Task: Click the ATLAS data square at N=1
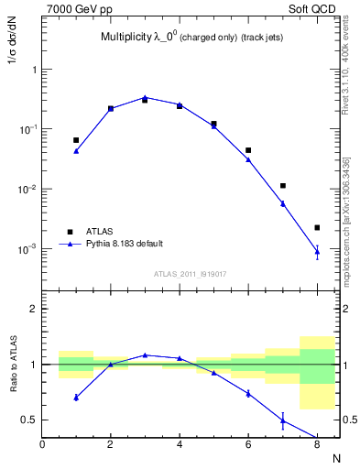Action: (76, 140)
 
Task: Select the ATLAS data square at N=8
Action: (317, 227)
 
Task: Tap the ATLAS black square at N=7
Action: (283, 186)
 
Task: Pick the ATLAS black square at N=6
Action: (248, 150)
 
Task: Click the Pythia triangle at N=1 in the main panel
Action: (76, 151)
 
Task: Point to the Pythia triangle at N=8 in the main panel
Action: (317, 251)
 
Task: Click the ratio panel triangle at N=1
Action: (76, 398)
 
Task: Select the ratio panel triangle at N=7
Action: (283, 421)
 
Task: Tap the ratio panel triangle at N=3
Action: (145, 354)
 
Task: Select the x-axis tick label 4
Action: (180, 445)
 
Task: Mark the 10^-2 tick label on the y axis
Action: (27, 190)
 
